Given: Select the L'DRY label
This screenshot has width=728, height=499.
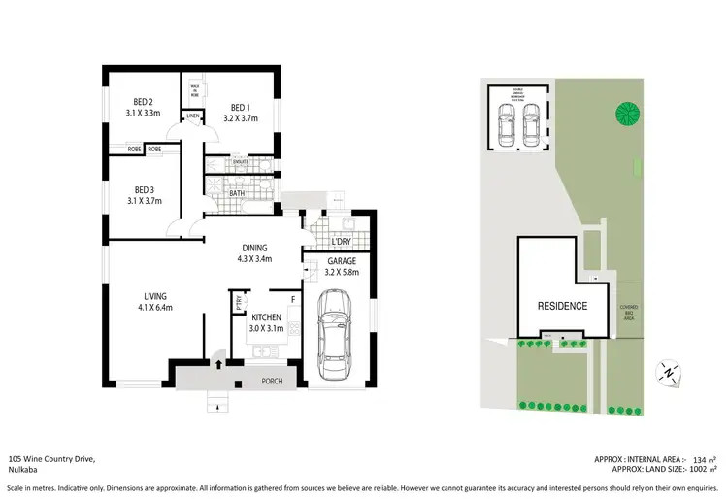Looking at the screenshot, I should pyautogui.click(x=341, y=241).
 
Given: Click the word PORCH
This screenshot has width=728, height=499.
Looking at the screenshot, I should pyautogui.click(x=272, y=381).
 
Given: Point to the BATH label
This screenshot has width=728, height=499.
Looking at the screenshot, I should pyautogui.click(x=237, y=193).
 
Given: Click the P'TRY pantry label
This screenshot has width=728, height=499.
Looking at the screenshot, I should pyautogui.click(x=239, y=303).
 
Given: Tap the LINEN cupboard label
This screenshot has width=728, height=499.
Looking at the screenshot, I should pyautogui.click(x=192, y=116).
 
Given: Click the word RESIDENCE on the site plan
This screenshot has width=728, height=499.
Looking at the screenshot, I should pyautogui.click(x=562, y=306).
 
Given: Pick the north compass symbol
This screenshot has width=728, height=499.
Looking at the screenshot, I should pyautogui.click(x=667, y=370).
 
